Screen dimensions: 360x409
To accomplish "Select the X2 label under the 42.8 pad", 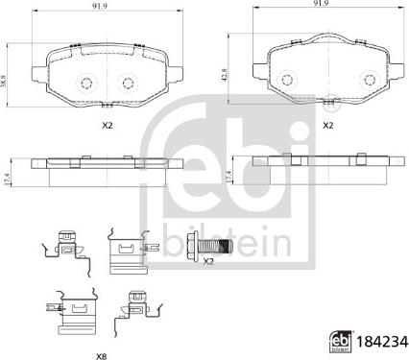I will pyautogui.click(x=326, y=126).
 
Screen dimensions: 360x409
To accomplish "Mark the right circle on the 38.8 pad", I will pyautogui.click(x=124, y=82).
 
